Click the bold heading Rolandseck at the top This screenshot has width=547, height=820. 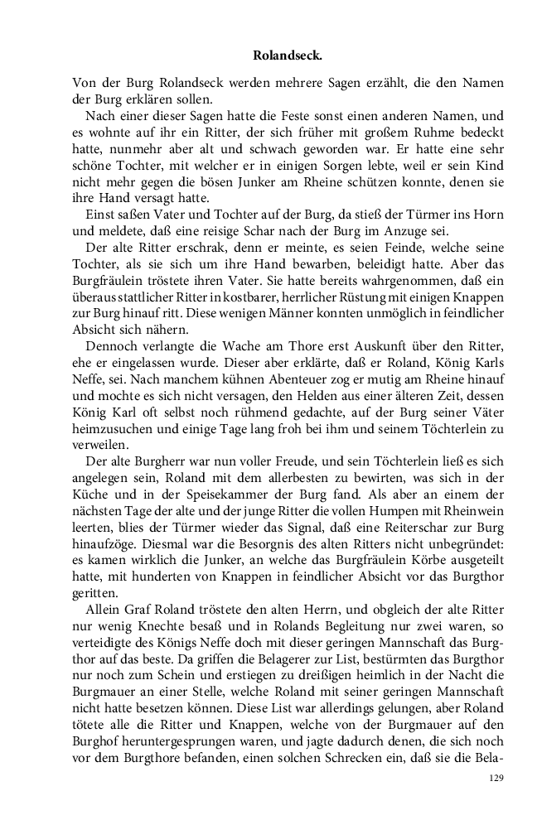286,56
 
